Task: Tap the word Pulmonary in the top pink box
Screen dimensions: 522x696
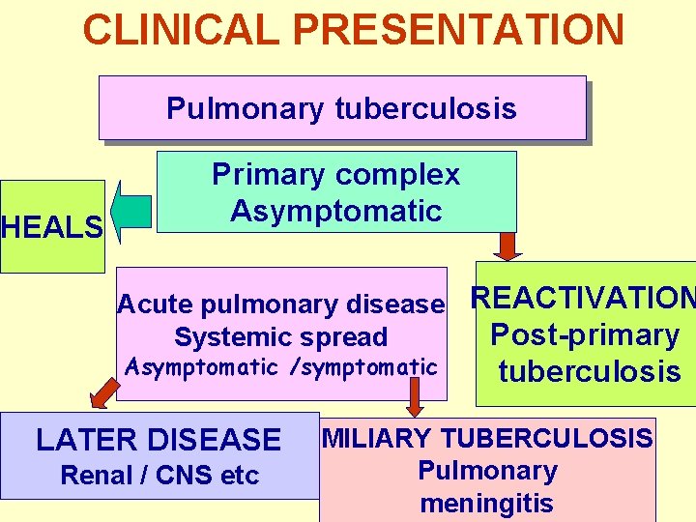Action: click(x=246, y=108)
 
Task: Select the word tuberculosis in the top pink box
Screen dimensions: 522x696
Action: click(x=426, y=108)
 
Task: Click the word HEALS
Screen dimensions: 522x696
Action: click(x=52, y=228)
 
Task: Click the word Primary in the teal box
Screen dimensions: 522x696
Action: click(x=269, y=175)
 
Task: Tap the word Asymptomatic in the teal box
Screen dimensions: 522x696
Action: click(x=335, y=211)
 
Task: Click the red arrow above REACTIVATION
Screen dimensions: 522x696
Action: click(x=507, y=246)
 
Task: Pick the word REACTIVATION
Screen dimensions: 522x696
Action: click(x=582, y=299)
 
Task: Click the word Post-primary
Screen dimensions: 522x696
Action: click(x=585, y=335)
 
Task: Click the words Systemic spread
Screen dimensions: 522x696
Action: click(x=280, y=337)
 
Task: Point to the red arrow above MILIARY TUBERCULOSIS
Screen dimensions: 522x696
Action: click(x=415, y=394)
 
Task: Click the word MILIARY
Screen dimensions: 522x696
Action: click(x=370, y=439)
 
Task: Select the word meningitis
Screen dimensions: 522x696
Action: click(x=487, y=504)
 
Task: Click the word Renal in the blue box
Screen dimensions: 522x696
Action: click(x=97, y=476)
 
